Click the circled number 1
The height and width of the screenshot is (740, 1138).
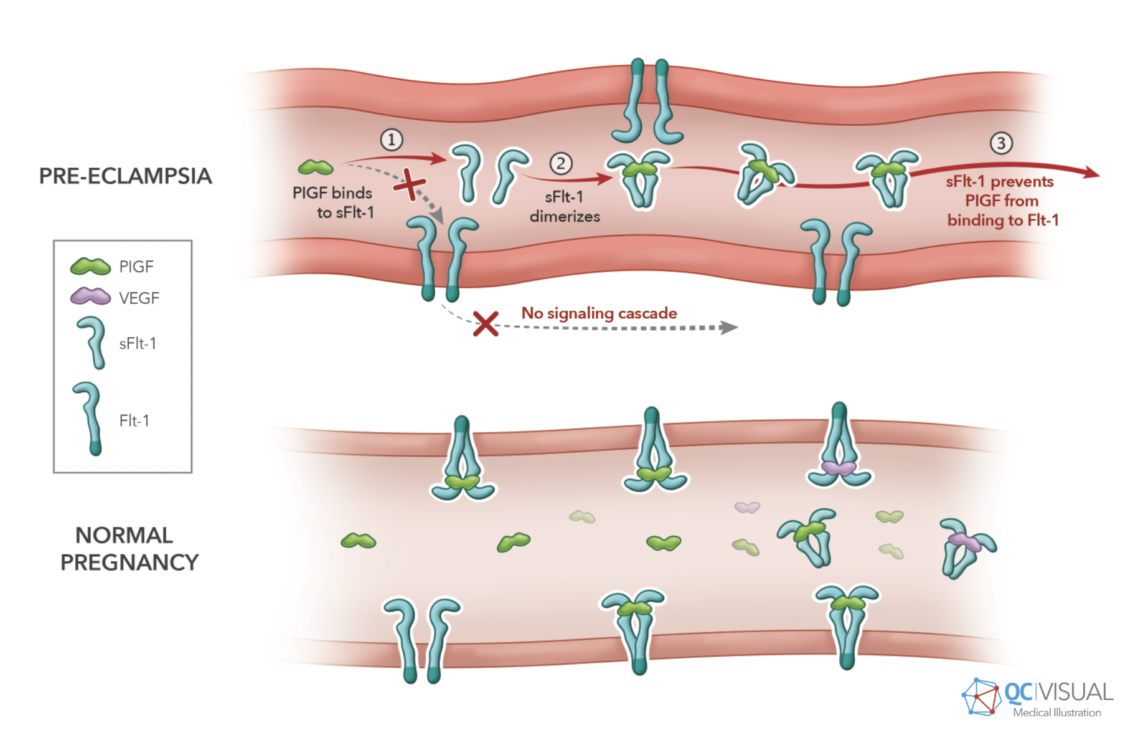click(392, 140)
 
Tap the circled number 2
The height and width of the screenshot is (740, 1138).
click(560, 164)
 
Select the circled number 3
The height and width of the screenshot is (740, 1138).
click(1001, 143)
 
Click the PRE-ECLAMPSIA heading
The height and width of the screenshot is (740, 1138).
click(125, 176)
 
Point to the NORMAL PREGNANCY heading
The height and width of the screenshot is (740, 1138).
click(129, 549)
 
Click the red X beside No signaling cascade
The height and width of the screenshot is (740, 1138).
click(486, 324)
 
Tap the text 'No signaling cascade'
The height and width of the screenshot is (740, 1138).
click(599, 313)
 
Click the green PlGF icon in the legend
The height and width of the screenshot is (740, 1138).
click(90, 267)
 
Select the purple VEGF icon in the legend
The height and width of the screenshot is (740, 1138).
click(90, 297)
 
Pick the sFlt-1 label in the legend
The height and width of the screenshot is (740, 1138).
click(138, 343)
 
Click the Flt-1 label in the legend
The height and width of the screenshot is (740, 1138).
click(134, 420)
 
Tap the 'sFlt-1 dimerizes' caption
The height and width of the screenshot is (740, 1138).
click(565, 207)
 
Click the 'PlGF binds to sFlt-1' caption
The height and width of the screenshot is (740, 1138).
click(334, 202)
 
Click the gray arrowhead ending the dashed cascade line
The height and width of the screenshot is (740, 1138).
click(728, 328)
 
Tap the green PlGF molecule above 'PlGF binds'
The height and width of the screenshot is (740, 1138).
click(316, 167)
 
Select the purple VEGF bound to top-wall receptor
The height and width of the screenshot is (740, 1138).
click(839, 468)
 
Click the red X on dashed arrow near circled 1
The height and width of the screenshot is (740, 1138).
click(410, 184)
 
